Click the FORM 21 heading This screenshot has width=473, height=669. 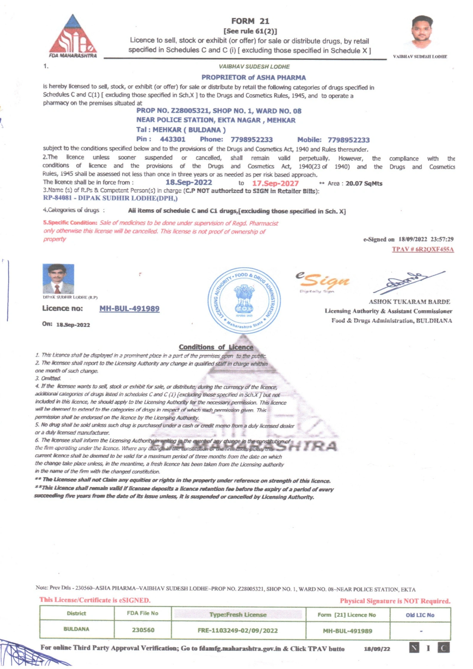(250, 21)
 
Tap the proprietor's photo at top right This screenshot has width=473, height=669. (422, 33)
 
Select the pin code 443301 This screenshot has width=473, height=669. (173, 139)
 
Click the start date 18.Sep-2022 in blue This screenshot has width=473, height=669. (189, 183)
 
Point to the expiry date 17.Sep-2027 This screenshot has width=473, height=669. (275, 183)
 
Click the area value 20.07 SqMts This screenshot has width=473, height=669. (364, 184)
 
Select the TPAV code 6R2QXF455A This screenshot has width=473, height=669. (423, 249)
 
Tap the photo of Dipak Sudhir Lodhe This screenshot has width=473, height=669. (58, 279)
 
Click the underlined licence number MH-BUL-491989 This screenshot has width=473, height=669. (129, 308)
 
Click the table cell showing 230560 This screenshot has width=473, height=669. (143, 630)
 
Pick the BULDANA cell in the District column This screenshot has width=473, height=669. (76, 629)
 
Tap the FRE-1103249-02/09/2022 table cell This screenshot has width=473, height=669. (238, 630)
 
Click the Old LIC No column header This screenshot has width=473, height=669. (420, 615)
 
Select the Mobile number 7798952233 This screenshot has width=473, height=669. (348, 140)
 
